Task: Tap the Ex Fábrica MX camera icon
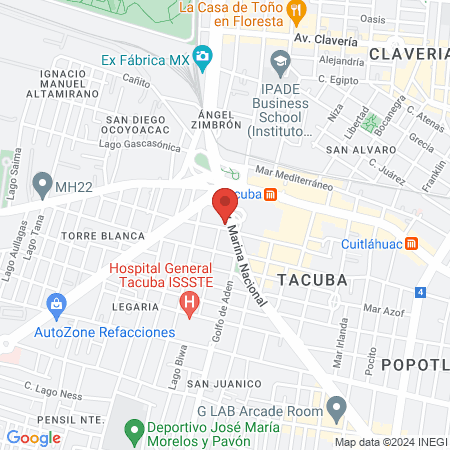coord(204,57)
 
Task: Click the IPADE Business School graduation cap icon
coord(280,61)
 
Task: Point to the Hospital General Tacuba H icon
coord(187,303)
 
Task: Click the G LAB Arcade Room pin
coord(337,408)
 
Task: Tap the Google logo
coord(33,437)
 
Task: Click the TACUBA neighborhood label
coord(312,280)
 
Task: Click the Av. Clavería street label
coord(326,40)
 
